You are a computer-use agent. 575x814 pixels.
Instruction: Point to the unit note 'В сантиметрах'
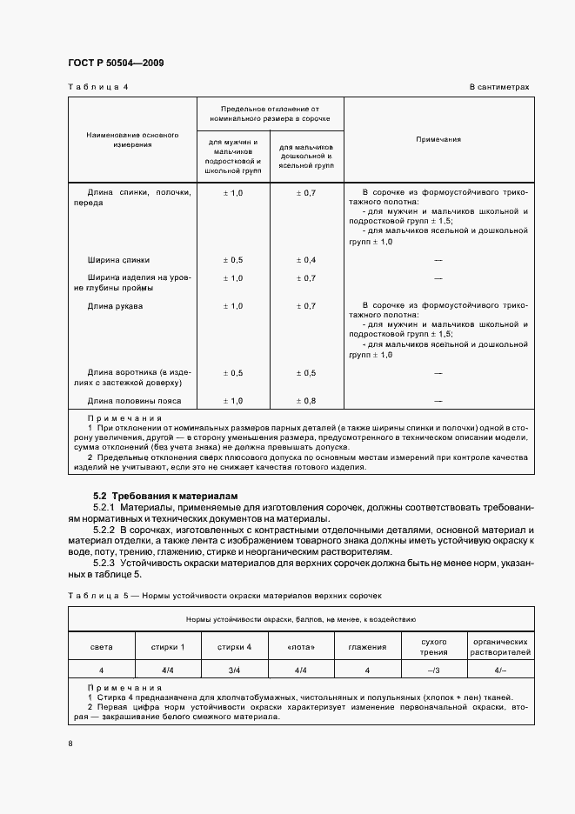click(499, 87)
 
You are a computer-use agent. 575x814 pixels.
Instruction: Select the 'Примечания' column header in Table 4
click(438, 139)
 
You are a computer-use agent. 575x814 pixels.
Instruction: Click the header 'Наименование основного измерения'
click(132, 140)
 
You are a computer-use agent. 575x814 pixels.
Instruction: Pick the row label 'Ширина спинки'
click(118, 260)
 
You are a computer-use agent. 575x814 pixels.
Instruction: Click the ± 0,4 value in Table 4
click(306, 260)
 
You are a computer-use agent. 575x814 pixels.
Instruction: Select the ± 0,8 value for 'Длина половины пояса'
click(306, 401)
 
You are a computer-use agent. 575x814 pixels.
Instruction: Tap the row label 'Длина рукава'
click(116, 307)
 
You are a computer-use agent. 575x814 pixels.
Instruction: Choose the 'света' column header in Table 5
click(101, 647)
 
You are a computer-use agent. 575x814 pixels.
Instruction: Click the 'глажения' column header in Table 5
click(368, 647)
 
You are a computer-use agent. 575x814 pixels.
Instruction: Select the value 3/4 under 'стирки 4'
click(235, 671)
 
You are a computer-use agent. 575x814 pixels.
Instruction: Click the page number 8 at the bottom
click(70, 743)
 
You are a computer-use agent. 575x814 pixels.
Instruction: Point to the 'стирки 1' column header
click(169, 647)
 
